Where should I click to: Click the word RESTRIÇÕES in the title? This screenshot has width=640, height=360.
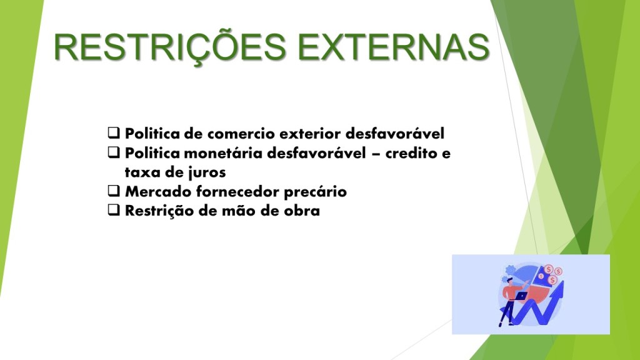coord(170,47)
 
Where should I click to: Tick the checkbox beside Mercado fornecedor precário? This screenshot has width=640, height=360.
coord(114,191)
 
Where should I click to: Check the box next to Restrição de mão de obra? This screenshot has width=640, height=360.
coord(114,210)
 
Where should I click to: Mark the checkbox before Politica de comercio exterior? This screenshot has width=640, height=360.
coord(114,132)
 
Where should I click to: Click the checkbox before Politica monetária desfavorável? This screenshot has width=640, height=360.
coord(114,152)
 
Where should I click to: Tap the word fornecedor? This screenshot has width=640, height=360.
coord(238,191)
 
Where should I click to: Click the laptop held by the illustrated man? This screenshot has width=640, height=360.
coord(521,296)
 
